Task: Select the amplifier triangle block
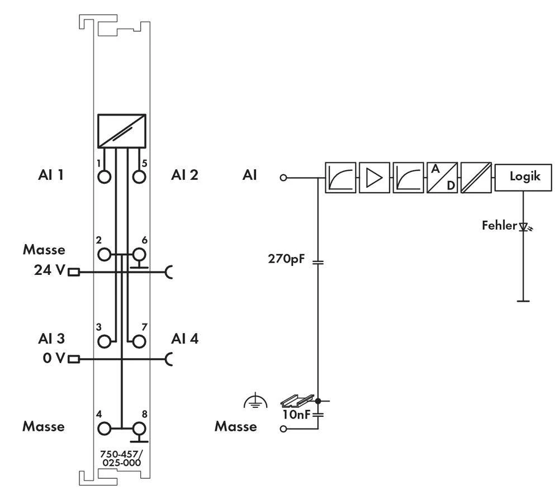(374, 178)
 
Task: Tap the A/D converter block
(442, 178)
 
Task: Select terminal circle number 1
(105, 177)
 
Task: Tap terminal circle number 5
(139, 177)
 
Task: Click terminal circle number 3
(105, 341)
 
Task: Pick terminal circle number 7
(139, 341)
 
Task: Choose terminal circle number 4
(105, 428)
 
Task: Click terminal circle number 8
(139, 428)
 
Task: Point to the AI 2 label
(185, 175)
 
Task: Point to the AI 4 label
(185, 339)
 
